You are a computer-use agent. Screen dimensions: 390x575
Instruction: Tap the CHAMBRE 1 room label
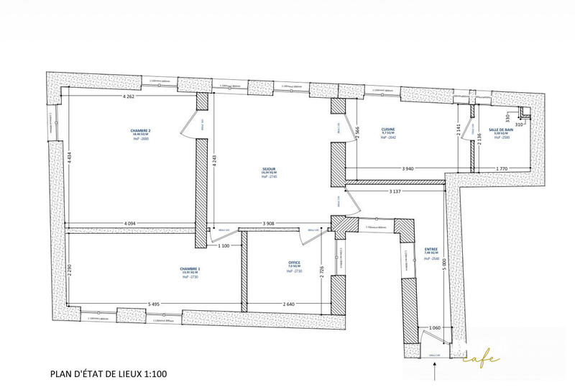pyautogui.click(x=190, y=268)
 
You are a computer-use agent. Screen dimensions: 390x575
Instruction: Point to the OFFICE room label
pyautogui.click(x=293, y=263)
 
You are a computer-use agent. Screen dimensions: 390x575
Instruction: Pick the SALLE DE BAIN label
pyautogui.click(x=500, y=130)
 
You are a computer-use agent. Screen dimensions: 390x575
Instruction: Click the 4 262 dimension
pyautogui.click(x=129, y=96)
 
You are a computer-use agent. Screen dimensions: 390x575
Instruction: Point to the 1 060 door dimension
pyautogui.click(x=434, y=329)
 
